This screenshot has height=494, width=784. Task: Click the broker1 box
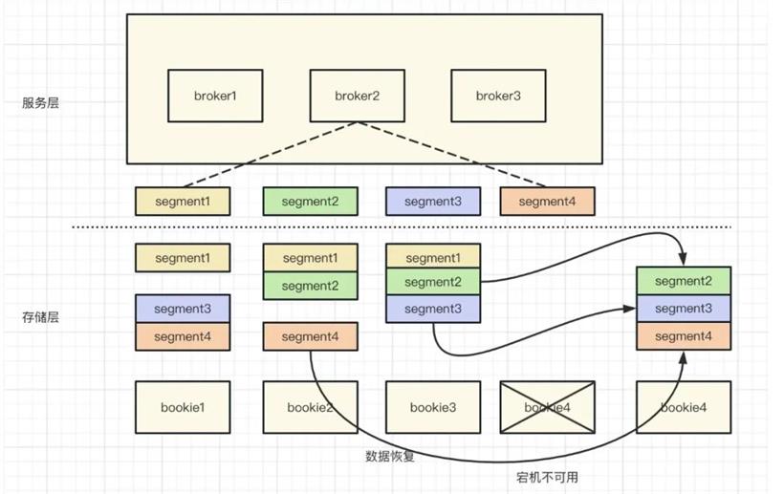pyautogui.click(x=215, y=96)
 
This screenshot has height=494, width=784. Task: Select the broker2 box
pyautogui.click(x=357, y=96)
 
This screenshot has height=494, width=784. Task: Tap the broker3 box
pyautogui.click(x=498, y=96)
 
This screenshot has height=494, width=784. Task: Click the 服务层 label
pyautogui.click(x=40, y=103)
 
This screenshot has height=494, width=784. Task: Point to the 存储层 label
pyautogui.click(x=40, y=317)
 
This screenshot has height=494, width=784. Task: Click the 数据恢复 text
pyautogui.click(x=390, y=456)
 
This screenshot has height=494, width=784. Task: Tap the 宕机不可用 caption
pyautogui.click(x=547, y=477)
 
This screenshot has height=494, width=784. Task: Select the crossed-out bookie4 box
pyautogui.click(x=548, y=407)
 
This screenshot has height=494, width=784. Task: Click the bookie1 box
pyautogui.click(x=183, y=407)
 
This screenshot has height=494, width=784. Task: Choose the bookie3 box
pyautogui.click(x=433, y=407)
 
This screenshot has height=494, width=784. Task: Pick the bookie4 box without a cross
pyautogui.click(x=684, y=407)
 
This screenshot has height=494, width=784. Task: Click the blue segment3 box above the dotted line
pyautogui.click(x=433, y=202)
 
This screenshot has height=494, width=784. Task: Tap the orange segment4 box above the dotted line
pyautogui.click(x=548, y=202)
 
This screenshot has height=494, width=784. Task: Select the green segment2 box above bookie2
pyautogui.click(x=311, y=286)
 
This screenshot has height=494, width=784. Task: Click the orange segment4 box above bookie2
pyautogui.click(x=311, y=336)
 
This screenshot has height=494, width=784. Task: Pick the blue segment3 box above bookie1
pyautogui.click(x=183, y=309)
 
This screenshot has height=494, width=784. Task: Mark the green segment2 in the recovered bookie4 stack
pyautogui.click(x=684, y=281)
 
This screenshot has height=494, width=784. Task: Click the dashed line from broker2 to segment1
pyautogui.click(x=270, y=155)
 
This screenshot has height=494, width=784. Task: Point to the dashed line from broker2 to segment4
pyautogui.click(x=452, y=155)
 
